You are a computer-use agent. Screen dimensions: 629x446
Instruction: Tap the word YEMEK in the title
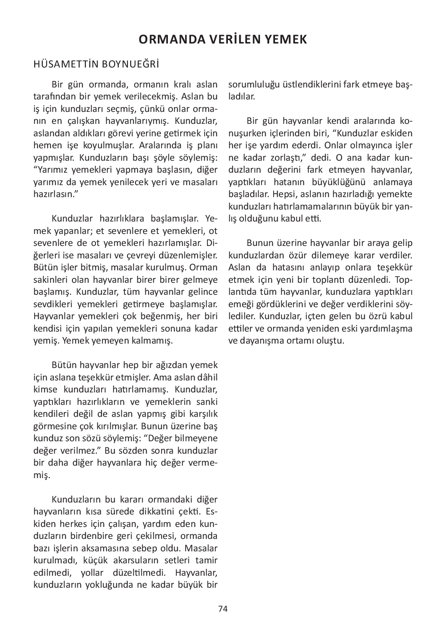pos(286,40)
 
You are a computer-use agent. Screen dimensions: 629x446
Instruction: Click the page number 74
pos(223,609)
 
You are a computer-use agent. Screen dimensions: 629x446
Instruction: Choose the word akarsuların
pos(134,560)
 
